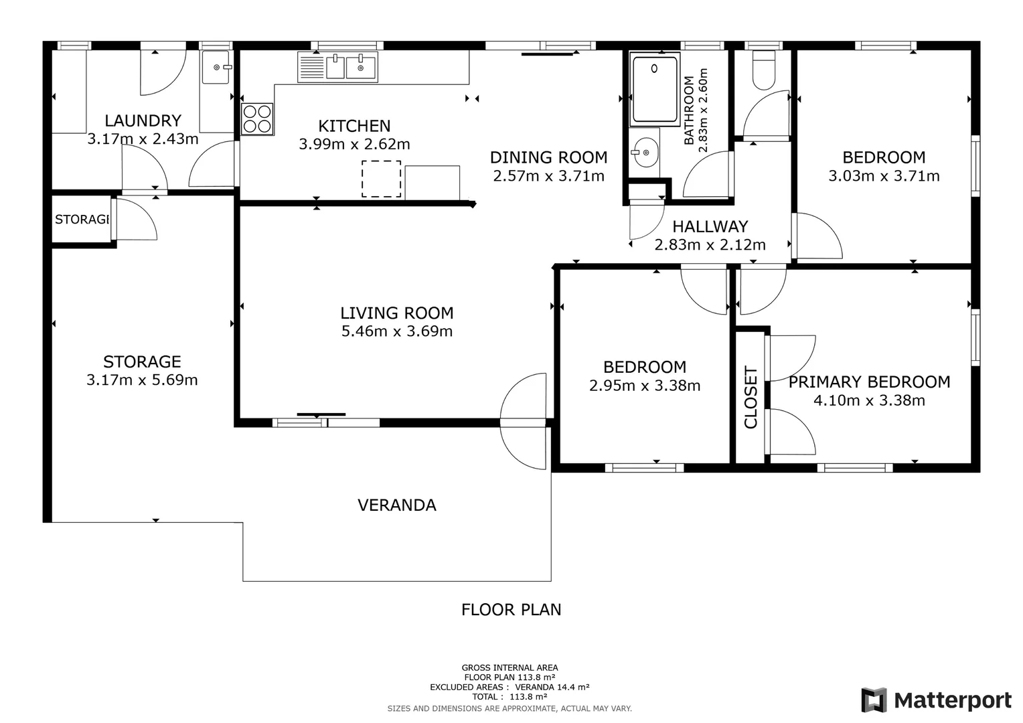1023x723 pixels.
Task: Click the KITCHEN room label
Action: point(354,126)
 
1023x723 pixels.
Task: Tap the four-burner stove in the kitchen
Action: point(257,118)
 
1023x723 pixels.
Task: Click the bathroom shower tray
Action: point(655,88)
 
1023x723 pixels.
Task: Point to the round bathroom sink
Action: point(645,153)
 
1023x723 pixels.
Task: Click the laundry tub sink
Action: point(216,67)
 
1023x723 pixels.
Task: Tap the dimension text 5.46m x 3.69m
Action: point(397,331)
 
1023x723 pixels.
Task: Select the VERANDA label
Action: point(397,505)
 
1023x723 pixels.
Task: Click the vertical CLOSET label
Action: point(751,398)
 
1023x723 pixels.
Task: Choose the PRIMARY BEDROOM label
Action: point(869,382)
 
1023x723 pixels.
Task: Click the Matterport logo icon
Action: point(874,700)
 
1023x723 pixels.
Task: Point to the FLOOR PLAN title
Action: point(511,610)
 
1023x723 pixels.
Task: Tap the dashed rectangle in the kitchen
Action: point(382,179)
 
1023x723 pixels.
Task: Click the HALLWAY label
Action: point(710,227)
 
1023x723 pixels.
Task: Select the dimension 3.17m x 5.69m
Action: point(142,380)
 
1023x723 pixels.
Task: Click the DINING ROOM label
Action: point(548,158)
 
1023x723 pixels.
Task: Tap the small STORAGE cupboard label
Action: point(81,220)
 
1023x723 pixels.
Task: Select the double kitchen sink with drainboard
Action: point(337,67)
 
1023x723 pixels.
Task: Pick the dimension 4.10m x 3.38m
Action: point(869,400)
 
